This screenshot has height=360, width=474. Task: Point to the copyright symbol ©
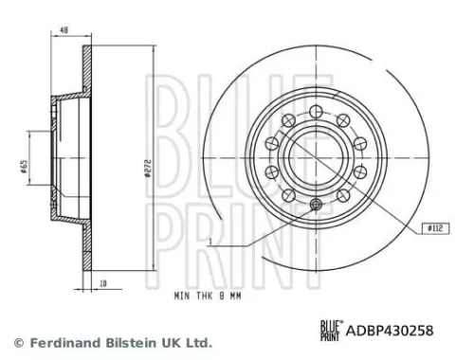tap(16, 342)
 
